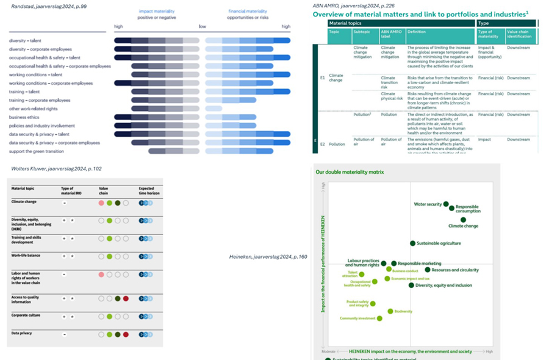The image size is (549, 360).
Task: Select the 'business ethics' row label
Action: (x=25, y=117)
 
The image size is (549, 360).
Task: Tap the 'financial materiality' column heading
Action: (x=248, y=11)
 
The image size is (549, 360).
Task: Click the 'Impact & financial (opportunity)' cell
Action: (x=490, y=52)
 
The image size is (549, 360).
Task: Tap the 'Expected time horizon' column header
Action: (x=146, y=190)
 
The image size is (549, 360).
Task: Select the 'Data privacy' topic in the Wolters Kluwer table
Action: (x=21, y=333)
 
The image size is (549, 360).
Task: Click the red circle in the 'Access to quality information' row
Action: (x=126, y=299)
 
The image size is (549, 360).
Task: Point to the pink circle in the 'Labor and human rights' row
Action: (x=102, y=275)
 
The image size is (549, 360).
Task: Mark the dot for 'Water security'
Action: (x=446, y=204)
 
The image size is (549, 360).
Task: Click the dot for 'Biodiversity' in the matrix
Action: (x=390, y=311)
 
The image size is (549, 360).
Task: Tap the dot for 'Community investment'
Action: (x=379, y=318)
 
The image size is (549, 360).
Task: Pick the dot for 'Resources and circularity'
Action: (x=428, y=270)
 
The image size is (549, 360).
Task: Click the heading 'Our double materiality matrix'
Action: (x=350, y=172)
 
